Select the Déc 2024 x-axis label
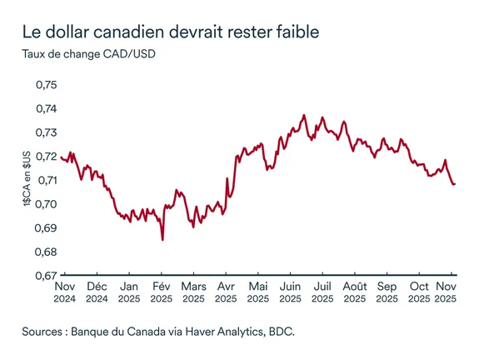tap(97, 290)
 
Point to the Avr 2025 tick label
tap(225, 290)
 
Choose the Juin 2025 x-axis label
tap(290, 290)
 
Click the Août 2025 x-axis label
tap(354, 290)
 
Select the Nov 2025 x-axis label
tap(450, 290)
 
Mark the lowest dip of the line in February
tap(162, 239)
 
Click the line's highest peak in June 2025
tap(304, 115)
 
